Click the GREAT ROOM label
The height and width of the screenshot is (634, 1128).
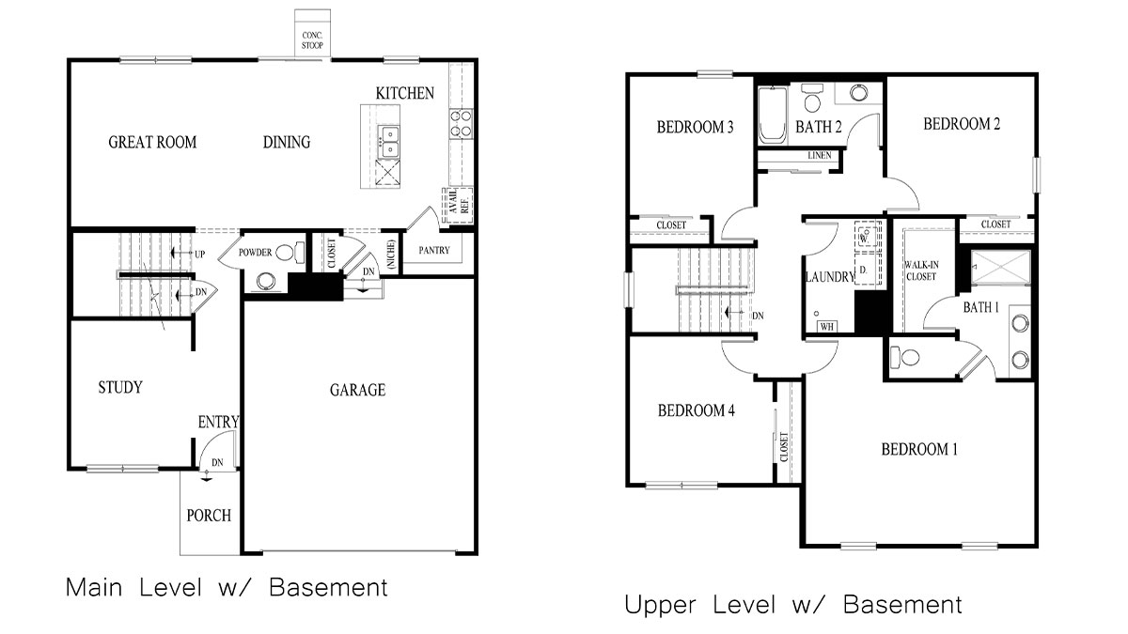tap(152, 143)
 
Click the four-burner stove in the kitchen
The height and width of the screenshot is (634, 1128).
tap(461, 123)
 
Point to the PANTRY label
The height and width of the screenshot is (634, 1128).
tap(434, 251)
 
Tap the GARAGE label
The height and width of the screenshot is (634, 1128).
tap(357, 390)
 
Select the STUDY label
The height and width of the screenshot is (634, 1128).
tap(120, 387)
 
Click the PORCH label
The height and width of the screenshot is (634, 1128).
tap(209, 516)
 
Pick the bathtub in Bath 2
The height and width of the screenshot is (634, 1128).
tap(772, 117)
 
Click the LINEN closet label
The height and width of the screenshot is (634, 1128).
tap(819, 155)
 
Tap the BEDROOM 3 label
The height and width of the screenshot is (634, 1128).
tap(695, 128)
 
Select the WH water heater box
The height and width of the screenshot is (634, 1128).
tap(827, 327)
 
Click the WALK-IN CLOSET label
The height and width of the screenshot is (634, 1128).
tap(921, 271)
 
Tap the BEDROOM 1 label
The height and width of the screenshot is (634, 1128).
tap(918, 450)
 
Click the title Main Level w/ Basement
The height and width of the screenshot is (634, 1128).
tap(227, 589)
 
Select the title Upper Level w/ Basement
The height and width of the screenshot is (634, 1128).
tap(793, 605)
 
